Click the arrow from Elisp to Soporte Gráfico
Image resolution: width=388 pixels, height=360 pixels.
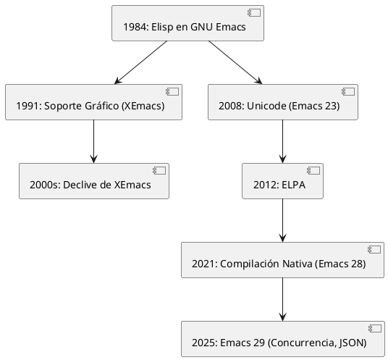[x=140, y=62]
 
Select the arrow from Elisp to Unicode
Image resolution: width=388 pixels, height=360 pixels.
[x=235, y=62]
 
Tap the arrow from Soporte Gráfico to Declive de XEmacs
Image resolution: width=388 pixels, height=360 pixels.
[x=93, y=141]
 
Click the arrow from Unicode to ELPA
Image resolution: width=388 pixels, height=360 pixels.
[x=282, y=141]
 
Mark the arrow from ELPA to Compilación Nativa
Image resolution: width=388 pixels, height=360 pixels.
[x=282, y=220]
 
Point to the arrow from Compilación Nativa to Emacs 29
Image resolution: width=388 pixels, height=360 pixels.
[x=282, y=298]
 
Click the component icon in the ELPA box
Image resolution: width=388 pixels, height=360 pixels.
[x=313, y=170]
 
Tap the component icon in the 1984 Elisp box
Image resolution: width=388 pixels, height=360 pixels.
[x=253, y=13]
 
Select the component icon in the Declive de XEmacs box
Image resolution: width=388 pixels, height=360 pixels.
[x=159, y=170]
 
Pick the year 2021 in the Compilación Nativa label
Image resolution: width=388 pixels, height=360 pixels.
[x=203, y=264]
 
